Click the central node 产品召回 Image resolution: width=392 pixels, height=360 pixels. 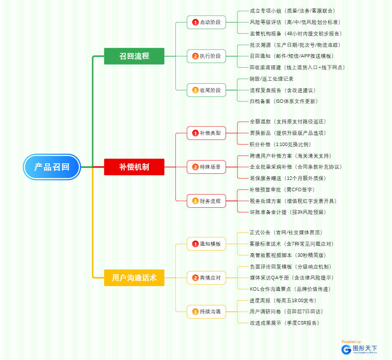(x=52, y=167)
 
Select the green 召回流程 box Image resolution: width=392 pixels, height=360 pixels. (x=134, y=56)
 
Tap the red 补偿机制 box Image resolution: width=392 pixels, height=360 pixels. (x=134, y=167)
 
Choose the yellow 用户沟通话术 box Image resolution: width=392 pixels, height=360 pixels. (x=134, y=278)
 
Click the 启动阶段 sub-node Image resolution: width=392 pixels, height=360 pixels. (x=206, y=22)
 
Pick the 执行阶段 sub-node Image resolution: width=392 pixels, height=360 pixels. (x=206, y=56)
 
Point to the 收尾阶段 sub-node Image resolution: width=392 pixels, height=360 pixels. (x=206, y=90)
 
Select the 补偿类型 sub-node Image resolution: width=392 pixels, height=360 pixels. (x=206, y=133)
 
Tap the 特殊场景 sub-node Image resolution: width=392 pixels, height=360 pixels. (x=206, y=167)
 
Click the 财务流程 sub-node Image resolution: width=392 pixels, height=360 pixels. (x=206, y=201)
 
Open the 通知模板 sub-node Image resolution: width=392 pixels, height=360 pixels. (x=206, y=244)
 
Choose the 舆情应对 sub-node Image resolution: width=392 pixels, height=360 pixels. (x=206, y=278)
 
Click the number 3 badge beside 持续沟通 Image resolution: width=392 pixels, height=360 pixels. (x=195, y=312)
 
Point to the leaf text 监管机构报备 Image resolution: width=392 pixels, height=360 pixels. (x=296, y=33)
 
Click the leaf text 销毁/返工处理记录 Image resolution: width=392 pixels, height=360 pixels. (x=271, y=79)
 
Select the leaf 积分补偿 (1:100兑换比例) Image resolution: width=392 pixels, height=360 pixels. (x=280, y=144)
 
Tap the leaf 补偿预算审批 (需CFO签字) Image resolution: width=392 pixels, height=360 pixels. (x=282, y=190)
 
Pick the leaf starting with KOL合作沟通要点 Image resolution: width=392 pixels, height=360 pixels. (x=290, y=289)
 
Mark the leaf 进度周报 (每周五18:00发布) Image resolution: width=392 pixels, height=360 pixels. (x=282, y=300)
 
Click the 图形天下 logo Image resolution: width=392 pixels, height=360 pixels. (x=359, y=349)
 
